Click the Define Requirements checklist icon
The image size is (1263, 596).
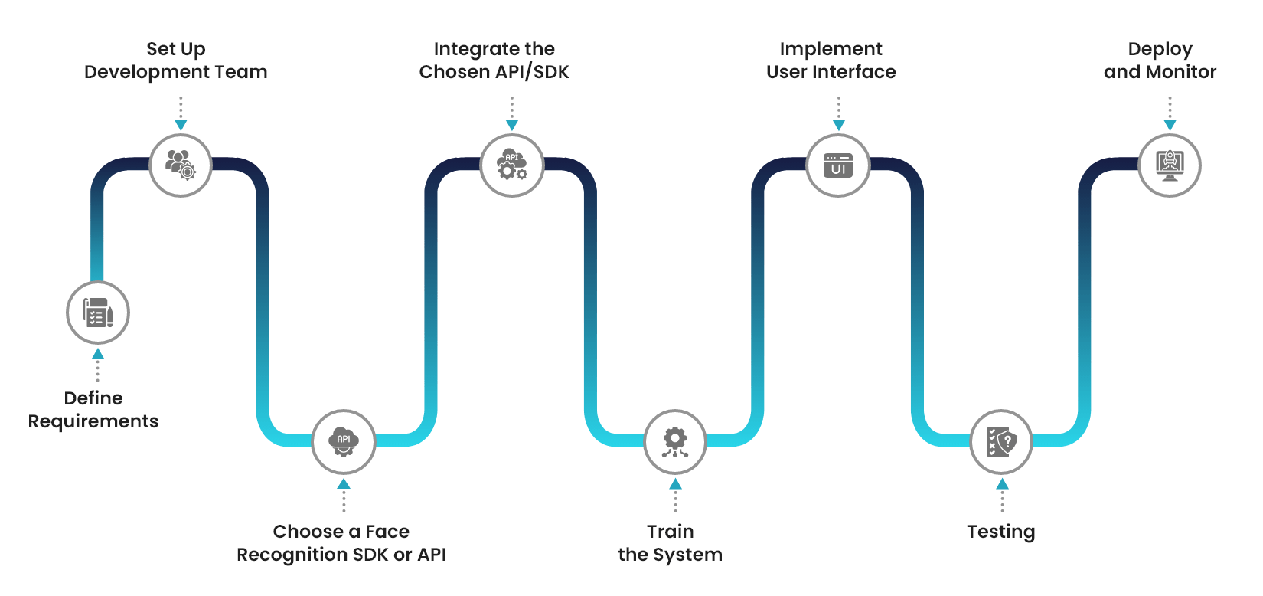[x=97, y=313]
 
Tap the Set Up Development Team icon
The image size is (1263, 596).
[x=180, y=165]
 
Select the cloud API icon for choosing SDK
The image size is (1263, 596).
[x=344, y=441]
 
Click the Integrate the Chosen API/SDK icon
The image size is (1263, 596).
[x=511, y=165]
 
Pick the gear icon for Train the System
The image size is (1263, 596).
[x=674, y=441]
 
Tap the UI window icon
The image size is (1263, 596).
[x=838, y=165]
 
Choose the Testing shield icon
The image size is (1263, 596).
[x=1001, y=441]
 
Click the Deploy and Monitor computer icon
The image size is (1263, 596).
[x=1169, y=165]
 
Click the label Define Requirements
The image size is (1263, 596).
[x=93, y=410]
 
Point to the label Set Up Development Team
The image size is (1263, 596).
[x=176, y=61]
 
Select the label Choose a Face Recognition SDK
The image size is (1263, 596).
[x=341, y=543]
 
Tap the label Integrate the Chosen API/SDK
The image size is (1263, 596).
[x=494, y=61]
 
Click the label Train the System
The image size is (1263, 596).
[x=671, y=543]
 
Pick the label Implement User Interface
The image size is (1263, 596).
[x=831, y=61]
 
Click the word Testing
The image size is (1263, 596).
[x=1000, y=532]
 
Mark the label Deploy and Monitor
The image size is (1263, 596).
[x=1160, y=61]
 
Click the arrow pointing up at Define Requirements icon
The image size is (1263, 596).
[x=98, y=355]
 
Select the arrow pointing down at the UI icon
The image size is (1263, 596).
[x=839, y=124]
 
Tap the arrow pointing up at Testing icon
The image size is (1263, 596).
[x=1002, y=484]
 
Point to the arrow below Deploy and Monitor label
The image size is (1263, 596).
[x=1170, y=124]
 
